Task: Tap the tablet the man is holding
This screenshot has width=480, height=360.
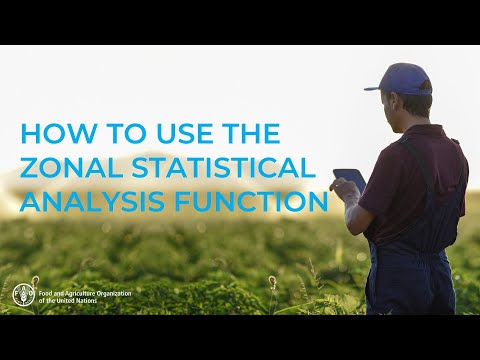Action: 350,180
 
